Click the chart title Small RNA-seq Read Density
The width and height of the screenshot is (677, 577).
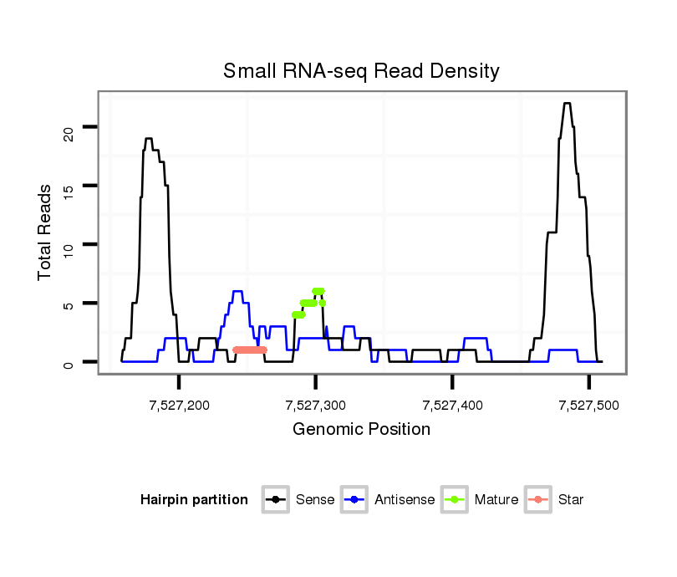pyautogui.click(x=361, y=71)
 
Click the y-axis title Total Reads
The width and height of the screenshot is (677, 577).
pyautogui.click(x=44, y=232)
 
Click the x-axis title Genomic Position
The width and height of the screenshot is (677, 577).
pyautogui.click(x=361, y=430)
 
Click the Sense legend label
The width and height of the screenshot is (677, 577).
pyautogui.click(x=315, y=500)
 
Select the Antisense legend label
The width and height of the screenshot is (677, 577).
pyautogui.click(x=405, y=500)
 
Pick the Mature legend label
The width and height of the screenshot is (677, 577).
pyautogui.click(x=496, y=500)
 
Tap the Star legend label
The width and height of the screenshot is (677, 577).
pyautogui.click(x=571, y=500)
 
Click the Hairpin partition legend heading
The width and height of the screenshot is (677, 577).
pyautogui.click(x=195, y=500)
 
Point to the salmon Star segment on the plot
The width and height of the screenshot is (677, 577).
pyautogui.click(x=249, y=350)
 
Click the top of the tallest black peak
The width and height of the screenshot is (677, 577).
pyautogui.click(x=567, y=104)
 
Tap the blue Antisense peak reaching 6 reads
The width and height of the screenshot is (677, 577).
pyautogui.click(x=237, y=291)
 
